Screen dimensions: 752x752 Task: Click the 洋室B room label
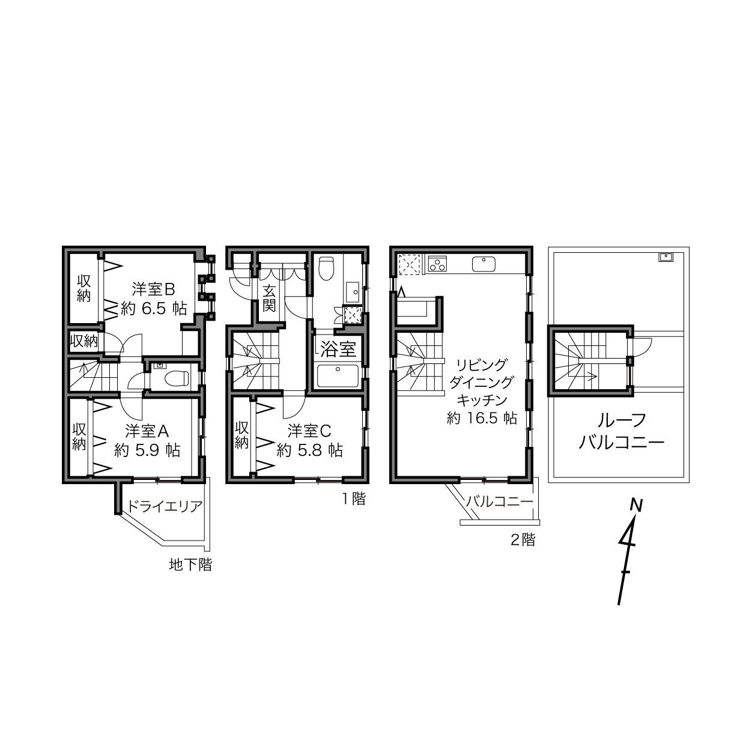coord(153,290)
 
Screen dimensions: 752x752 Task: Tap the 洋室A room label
coord(147,431)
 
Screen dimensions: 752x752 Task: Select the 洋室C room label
coord(309,431)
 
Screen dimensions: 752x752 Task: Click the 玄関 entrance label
coord(269,298)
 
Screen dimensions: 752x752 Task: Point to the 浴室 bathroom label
coord(338,349)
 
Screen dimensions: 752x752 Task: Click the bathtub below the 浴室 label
coord(338,376)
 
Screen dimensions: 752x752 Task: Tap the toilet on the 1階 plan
coord(327,268)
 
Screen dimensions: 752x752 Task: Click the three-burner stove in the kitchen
coord(437,264)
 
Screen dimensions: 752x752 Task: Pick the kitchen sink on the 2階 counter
coord(484,264)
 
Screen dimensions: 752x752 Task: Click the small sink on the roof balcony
coord(666,257)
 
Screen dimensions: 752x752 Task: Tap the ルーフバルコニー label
coord(621,431)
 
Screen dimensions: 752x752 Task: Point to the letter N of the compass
coord(637,506)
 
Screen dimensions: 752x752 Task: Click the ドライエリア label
coord(165,506)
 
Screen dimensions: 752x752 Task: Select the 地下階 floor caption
coord(190,565)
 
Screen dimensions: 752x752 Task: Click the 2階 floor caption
coord(523,540)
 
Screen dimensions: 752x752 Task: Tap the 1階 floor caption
coord(354,499)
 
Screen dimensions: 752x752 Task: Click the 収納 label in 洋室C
coord(242,435)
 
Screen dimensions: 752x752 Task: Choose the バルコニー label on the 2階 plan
coord(500,502)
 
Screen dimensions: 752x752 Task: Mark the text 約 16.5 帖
coord(482,418)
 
